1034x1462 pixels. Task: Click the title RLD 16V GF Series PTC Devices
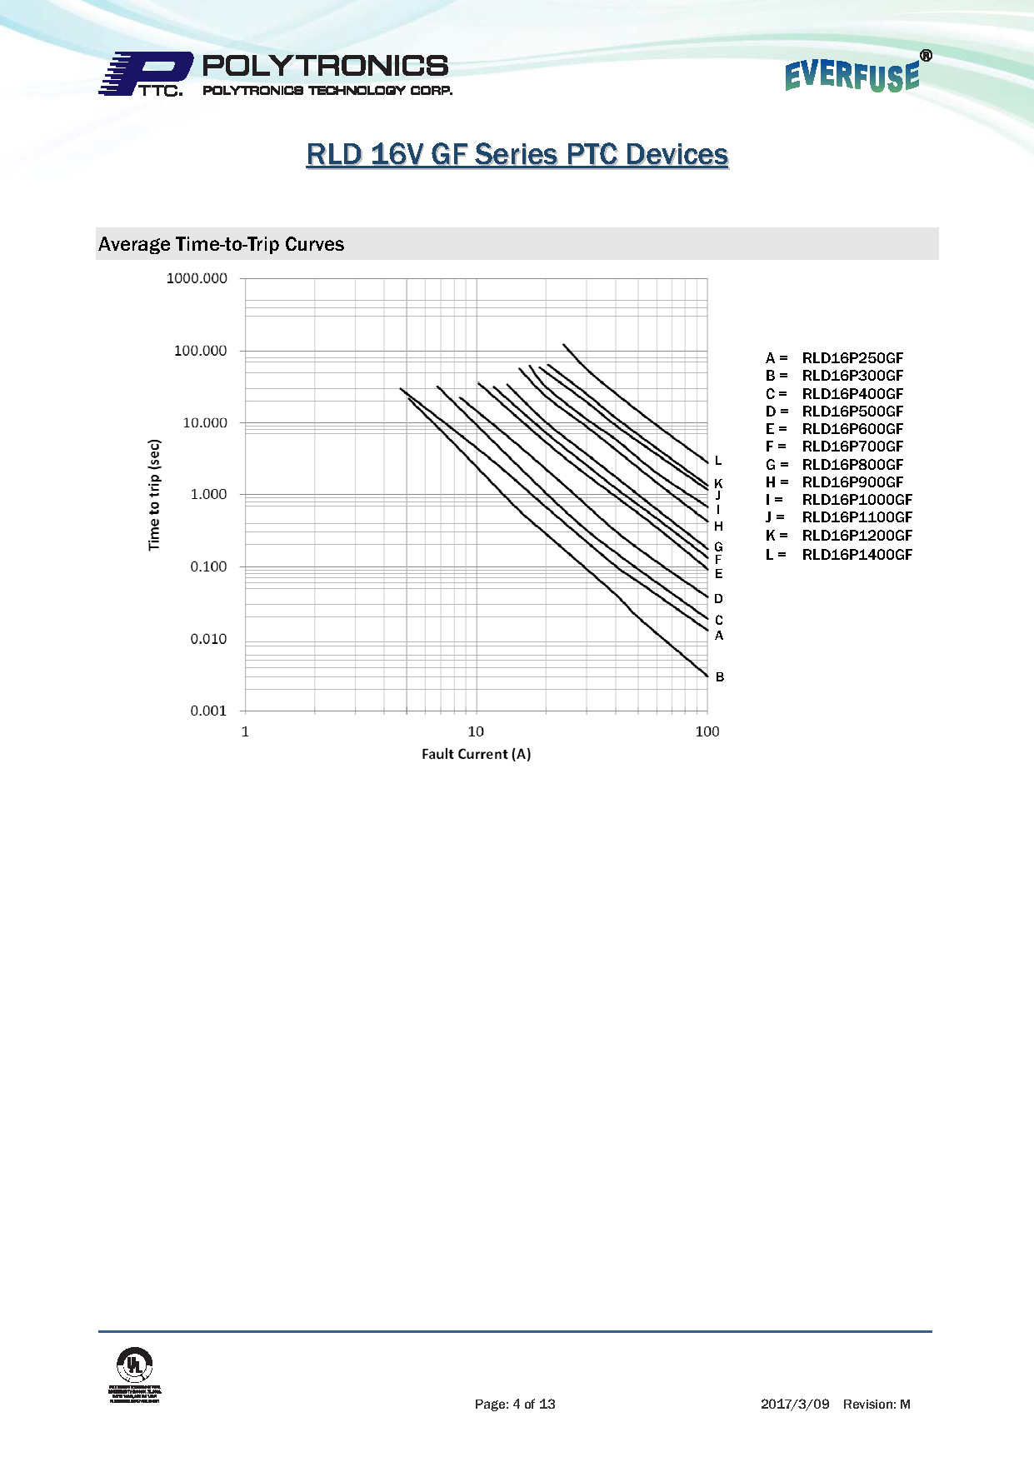[517, 155]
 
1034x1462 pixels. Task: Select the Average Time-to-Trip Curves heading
[222, 244]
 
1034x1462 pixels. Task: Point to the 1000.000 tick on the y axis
[197, 278]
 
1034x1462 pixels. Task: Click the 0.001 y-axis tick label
[208, 711]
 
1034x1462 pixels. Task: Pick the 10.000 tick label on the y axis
[205, 423]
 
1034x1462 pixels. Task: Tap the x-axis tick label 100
[707, 731]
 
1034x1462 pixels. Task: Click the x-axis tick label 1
[245, 731]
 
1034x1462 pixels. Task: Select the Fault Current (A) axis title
[476, 754]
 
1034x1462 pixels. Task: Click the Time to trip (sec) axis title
[154, 495]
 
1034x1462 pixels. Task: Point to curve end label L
[718, 461]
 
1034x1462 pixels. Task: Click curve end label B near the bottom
[720, 677]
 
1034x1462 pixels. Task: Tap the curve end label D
[718, 599]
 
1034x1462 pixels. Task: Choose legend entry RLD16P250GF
[852, 358]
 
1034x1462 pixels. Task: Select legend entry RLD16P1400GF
[857, 555]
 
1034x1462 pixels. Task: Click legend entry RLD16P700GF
[852, 447]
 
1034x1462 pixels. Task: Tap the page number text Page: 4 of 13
[515, 1405]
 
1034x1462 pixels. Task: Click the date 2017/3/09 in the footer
[795, 1405]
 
